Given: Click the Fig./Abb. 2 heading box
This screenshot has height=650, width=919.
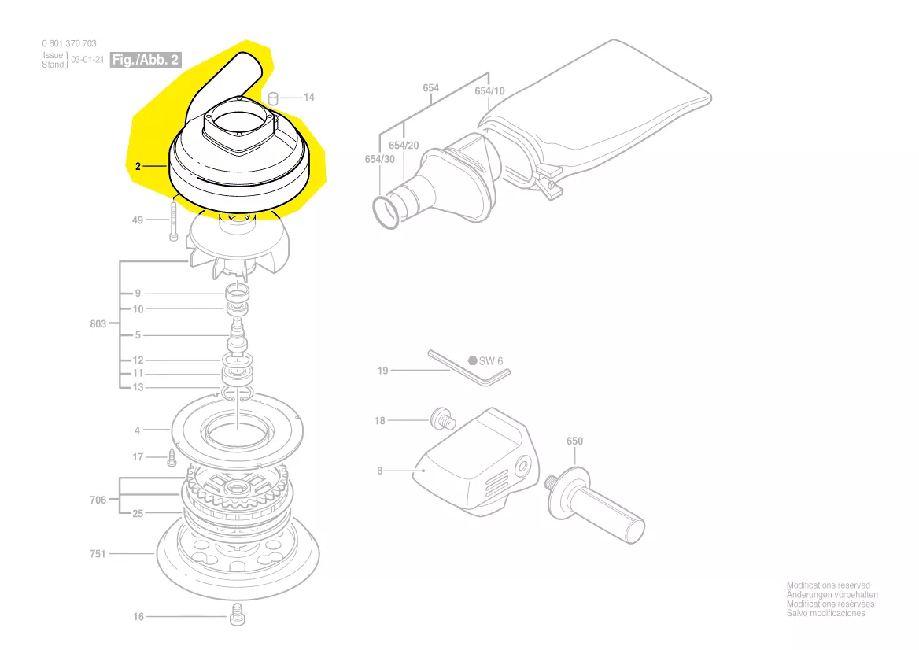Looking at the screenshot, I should [x=146, y=60].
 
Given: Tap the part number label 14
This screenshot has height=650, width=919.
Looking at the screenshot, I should [x=309, y=97].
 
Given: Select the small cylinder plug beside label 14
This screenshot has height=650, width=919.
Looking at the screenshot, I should [x=275, y=97].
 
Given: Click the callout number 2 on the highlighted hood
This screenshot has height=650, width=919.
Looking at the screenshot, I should [x=138, y=166].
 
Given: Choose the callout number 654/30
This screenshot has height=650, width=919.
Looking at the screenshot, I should [x=379, y=159].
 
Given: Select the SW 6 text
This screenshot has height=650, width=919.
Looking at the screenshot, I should [x=491, y=361].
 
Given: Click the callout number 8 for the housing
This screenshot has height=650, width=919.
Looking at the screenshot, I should [x=379, y=471].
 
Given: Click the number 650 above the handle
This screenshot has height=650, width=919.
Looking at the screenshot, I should [x=575, y=441].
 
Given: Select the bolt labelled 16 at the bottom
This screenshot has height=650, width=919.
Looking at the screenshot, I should [x=236, y=614].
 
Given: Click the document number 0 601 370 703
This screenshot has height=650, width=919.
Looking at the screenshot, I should [x=69, y=44].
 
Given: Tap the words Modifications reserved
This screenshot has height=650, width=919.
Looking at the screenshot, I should [x=828, y=585].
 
